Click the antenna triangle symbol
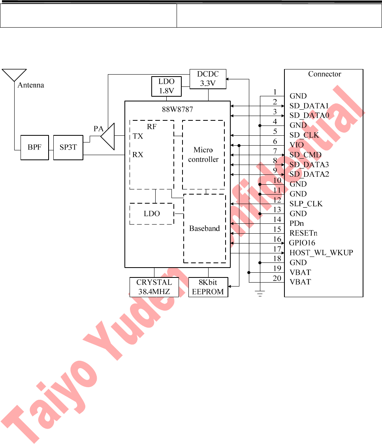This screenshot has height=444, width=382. point(14,75)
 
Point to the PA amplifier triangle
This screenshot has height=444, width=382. point(108,136)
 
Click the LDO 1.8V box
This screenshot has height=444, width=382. point(166,87)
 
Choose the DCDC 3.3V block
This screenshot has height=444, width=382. point(208,79)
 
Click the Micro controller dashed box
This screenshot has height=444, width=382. point(203,155)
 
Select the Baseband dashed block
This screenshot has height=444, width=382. point(204,229)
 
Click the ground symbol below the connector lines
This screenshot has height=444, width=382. point(260,293)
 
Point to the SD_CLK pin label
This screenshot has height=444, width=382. point(304,135)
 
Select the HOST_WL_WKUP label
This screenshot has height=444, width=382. point(321,253)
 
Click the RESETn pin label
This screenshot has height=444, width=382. point(304,233)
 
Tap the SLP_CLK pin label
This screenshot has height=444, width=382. point(306,204)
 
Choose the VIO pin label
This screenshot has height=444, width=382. point(297,145)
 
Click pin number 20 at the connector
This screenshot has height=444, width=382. point(277,279)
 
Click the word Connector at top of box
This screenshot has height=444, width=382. point(324,74)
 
